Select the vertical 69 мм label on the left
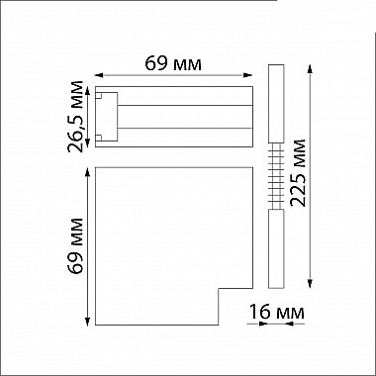tap(74, 248)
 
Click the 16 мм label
tap(276, 313)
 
